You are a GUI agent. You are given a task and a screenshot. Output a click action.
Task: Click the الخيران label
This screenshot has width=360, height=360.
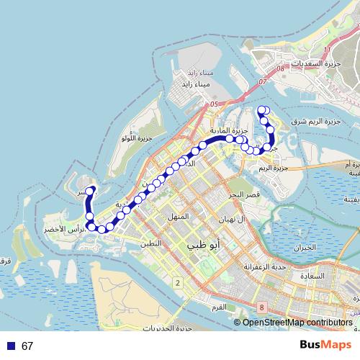click(305, 248)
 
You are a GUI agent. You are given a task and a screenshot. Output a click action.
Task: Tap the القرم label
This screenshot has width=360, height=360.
click(218, 307)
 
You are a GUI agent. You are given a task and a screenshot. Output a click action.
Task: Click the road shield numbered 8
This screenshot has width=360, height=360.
click(261, 307)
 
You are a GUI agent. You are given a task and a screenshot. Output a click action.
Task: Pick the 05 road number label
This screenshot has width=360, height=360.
click(213, 104)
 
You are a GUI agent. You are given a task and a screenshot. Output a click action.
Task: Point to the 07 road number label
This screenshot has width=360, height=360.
click(263, 82)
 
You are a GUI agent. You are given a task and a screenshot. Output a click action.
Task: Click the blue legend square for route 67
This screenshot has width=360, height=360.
click(10, 346)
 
